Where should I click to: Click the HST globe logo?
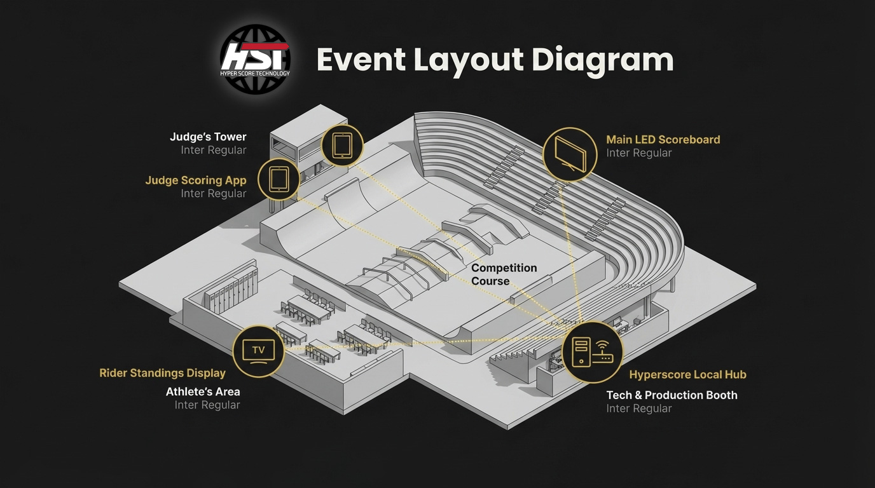tap(255, 60)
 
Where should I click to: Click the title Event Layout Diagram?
tap(495, 60)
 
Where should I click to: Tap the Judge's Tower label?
tap(208, 137)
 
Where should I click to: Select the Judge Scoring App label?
tap(195, 180)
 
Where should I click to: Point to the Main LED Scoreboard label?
tap(663, 139)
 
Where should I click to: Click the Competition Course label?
tap(504, 274)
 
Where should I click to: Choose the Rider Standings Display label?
tap(162, 373)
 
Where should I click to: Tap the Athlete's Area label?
tap(203, 391)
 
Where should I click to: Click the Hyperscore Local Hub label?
tap(687, 375)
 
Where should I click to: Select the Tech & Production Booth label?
tap(672, 395)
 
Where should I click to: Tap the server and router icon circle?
tap(593, 352)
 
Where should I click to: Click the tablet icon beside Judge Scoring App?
tap(279, 179)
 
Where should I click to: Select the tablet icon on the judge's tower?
tap(342, 146)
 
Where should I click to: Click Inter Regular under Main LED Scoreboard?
tap(638, 153)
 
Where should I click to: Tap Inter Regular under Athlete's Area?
tap(207, 405)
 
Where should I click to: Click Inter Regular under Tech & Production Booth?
tap(638, 409)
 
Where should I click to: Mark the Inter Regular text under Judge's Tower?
tap(213, 151)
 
